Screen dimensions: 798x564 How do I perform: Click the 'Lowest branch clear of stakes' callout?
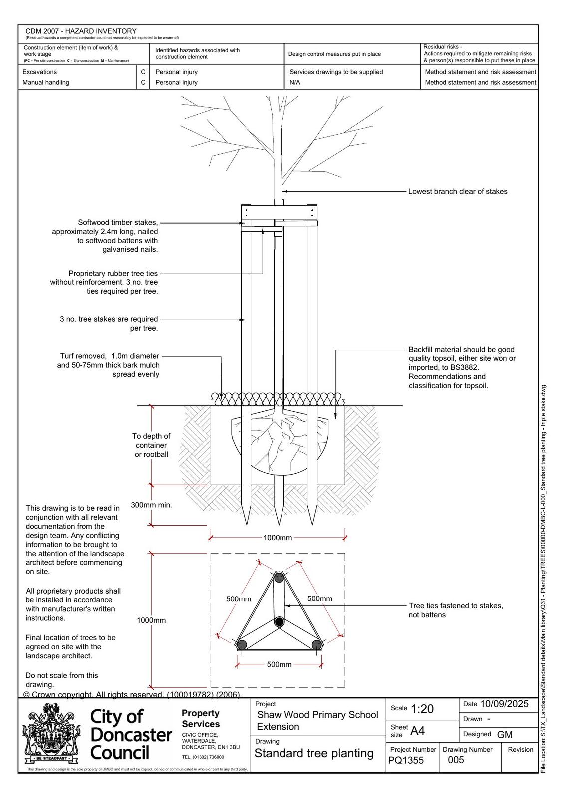(457, 191)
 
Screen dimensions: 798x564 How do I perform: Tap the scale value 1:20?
(422, 709)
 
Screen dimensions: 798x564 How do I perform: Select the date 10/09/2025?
(504, 704)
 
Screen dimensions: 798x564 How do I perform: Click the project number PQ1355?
(406, 760)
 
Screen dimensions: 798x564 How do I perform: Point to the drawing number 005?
(456, 760)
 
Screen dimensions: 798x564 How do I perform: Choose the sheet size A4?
(417, 731)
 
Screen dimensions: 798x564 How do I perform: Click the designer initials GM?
(505, 734)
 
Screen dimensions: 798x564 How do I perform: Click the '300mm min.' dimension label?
(151, 505)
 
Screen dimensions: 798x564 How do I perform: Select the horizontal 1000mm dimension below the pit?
(278, 538)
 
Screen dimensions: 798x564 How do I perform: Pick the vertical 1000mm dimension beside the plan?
(151, 620)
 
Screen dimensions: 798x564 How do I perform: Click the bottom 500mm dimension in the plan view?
(279, 664)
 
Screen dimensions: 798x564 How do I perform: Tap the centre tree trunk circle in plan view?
(279, 622)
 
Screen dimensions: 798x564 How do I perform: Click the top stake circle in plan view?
(279, 578)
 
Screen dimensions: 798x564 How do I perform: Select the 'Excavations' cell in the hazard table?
(40, 72)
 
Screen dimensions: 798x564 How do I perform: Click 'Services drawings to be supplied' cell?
(336, 72)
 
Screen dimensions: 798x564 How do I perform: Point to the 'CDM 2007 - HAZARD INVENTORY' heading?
(81, 31)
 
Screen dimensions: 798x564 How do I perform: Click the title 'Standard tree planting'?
(314, 753)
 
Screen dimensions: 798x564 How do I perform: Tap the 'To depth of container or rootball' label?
(151, 445)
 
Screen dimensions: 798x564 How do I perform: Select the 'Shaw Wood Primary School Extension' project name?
(317, 721)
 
